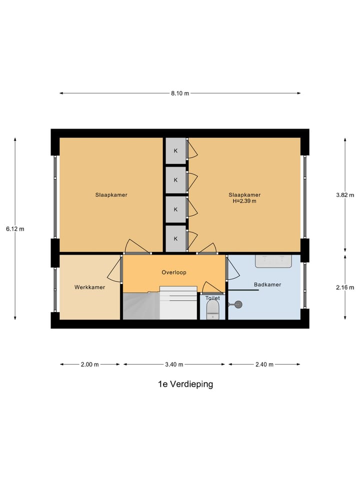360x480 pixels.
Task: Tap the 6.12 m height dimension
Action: (x=15, y=228)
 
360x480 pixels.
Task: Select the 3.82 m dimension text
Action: (x=345, y=195)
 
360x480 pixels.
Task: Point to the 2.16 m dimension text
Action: (x=345, y=287)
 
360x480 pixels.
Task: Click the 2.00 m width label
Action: (x=90, y=364)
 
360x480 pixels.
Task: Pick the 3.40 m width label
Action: (x=174, y=364)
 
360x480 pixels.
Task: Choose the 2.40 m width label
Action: (x=264, y=364)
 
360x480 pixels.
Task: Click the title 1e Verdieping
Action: (x=185, y=384)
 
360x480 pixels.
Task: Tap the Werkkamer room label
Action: (x=90, y=287)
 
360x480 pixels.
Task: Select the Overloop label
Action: (x=174, y=272)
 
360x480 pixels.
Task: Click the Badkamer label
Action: (x=267, y=284)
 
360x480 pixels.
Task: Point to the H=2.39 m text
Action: (x=244, y=201)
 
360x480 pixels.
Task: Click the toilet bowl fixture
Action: (x=213, y=308)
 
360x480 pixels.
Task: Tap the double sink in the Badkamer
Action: (x=273, y=260)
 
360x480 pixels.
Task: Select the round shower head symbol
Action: (x=238, y=303)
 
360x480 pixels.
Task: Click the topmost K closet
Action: (x=176, y=150)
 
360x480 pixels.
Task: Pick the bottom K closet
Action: (x=176, y=238)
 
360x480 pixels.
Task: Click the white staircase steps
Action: (x=178, y=302)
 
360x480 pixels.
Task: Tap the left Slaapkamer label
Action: (x=111, y=195)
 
